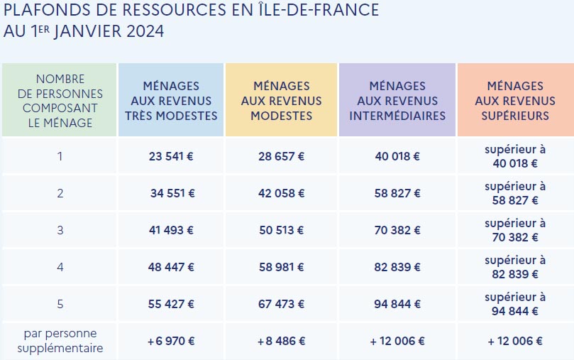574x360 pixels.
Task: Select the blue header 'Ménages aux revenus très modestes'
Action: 170,101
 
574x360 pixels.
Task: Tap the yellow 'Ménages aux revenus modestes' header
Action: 282,101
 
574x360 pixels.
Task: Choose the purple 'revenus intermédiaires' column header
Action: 397,101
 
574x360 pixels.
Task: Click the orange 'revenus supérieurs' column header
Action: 515,101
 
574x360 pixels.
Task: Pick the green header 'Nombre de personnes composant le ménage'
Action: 59,101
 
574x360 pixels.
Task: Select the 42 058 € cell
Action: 282,193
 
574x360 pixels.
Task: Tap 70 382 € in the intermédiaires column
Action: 397,230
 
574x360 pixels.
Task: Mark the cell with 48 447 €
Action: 170,267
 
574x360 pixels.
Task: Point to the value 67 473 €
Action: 282,304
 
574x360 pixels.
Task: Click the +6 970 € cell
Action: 170,341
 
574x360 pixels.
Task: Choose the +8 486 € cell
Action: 282,341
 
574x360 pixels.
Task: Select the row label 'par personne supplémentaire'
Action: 60,341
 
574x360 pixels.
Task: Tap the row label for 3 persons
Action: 60,230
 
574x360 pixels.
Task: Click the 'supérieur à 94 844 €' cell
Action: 515,304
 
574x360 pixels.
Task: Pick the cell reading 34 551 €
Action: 172,193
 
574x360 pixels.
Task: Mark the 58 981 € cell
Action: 282,267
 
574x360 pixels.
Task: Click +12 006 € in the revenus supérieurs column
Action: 515,341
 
